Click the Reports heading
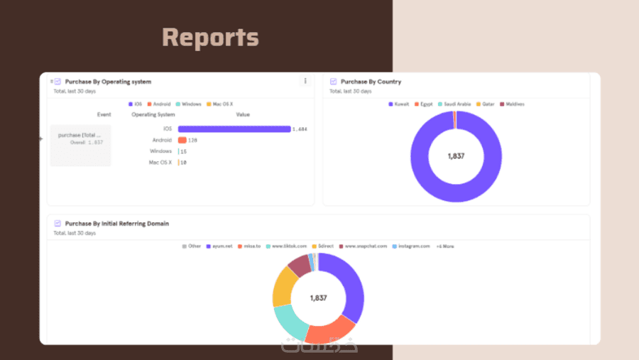tap(210, 37)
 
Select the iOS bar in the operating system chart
tap(234, 129)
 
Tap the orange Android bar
tap(182, 140)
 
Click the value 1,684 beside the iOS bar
tap(300, 129)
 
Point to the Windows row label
tap(161, 151)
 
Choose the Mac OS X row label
tap(160, 163)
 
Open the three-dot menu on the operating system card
tap(305, 81)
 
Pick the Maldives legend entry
tap(512, 104)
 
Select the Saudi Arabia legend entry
tap(454, 104)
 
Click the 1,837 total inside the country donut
tap(456, 156)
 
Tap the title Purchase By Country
tap(371, 82)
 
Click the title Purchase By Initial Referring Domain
tap(116, 224)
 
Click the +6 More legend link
tap(445, 246)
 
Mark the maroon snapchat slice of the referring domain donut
tap(300, 266)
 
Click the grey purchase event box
tap(80, 146)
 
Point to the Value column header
tap(243, 114)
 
